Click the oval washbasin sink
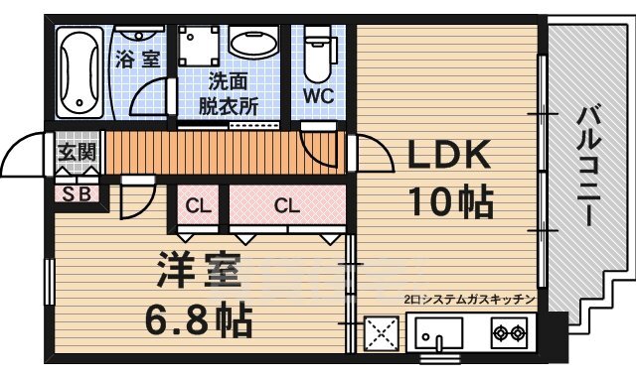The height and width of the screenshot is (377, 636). point(256,43)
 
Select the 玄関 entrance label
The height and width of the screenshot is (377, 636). point(75,153)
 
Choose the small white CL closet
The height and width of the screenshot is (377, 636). point(199,206)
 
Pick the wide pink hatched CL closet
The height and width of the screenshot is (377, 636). point(287,206)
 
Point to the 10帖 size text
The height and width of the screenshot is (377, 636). point(450,201)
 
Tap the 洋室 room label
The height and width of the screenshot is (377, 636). point(197,272)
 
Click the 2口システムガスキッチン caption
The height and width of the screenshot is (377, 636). point(469,299)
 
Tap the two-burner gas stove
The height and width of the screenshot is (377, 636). point(509,331)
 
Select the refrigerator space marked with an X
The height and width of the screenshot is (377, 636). point(382,332)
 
